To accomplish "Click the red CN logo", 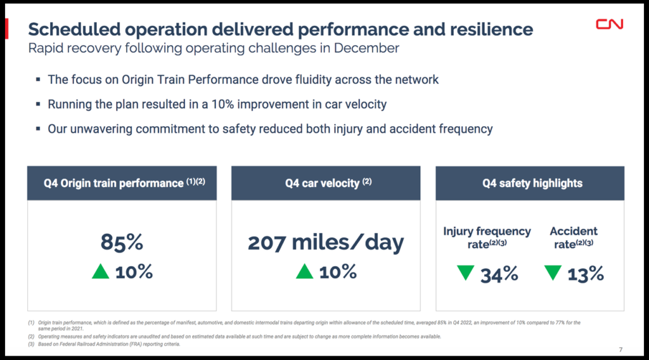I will coord(609,24).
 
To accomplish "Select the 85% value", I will coord(122,242).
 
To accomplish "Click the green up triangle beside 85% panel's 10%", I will coord(101,272).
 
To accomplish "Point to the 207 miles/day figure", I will coord(325,242).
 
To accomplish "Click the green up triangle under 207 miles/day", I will coord(304,272).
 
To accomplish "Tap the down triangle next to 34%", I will coord(466,273).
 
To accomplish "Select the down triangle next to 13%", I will coord(553,273).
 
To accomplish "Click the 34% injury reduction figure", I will coord(499,274).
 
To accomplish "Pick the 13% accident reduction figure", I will coord(585,274).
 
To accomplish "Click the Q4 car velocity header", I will coord(325,183).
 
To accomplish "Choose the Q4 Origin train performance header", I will coord(122,183).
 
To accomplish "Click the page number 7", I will coord(620,350).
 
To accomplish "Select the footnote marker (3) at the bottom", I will coord(31,344).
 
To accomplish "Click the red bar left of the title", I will coord(7,29).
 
